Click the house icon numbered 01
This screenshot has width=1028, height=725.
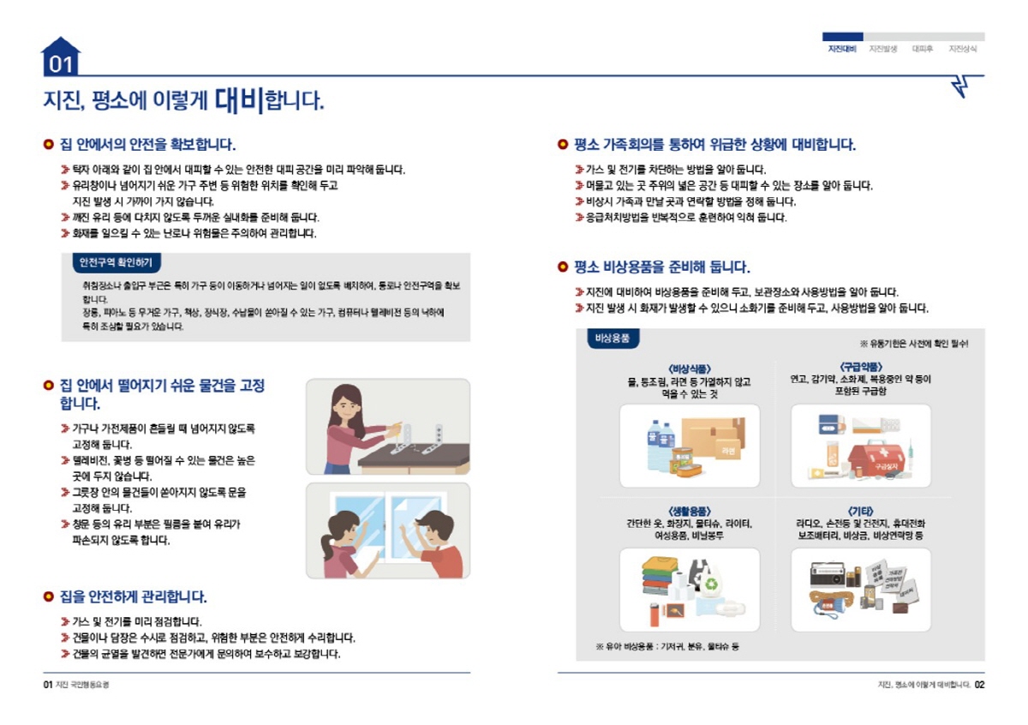[x=61, y=57]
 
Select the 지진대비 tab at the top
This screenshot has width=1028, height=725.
[x=842, y=49]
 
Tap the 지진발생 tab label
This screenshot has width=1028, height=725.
[x=882, y=49]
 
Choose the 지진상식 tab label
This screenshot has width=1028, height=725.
[x=963, y=49]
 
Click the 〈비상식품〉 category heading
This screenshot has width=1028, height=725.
[x=689, y=368]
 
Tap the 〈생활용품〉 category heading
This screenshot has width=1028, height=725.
[x=689, y=512]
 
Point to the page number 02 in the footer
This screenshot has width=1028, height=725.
[x=979, y=685]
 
